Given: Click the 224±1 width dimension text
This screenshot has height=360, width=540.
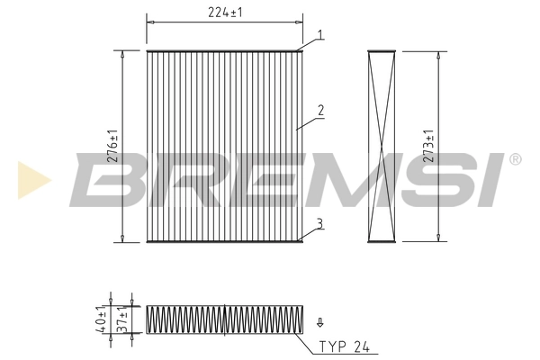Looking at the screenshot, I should (224, 12).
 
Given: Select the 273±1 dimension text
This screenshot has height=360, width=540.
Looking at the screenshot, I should (429, 145).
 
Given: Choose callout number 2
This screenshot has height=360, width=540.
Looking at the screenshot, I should (319, 112).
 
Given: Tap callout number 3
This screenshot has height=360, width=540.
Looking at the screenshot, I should (319, 222).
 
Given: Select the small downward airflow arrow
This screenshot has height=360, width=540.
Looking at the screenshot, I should (319, 320).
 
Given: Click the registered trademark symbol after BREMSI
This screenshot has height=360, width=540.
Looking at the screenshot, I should (515, 159).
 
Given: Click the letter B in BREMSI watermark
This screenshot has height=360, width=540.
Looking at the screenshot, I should (103, 180).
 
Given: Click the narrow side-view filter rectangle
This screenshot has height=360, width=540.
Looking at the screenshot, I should (382, 145).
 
